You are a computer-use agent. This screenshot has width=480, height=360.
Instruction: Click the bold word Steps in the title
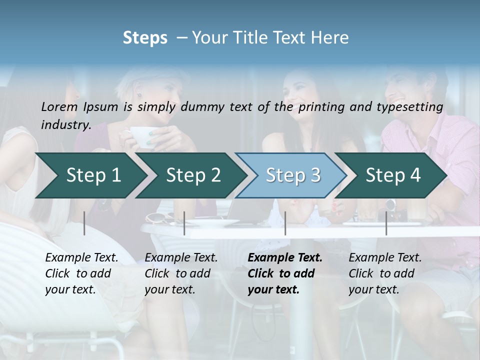[145, 38]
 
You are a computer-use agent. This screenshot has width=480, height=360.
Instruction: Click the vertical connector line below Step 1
[84, 223]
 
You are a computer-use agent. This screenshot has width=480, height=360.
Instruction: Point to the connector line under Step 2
[184, 223]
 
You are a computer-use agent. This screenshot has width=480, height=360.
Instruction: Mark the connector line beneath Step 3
[285, 223]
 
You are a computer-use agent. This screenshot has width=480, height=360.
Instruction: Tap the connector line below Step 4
[386, 223]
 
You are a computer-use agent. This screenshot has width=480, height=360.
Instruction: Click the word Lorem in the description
[59, 106]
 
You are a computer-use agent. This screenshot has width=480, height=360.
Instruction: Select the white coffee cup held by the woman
[141, 135]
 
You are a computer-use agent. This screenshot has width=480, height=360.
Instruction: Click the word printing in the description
[320, 106]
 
